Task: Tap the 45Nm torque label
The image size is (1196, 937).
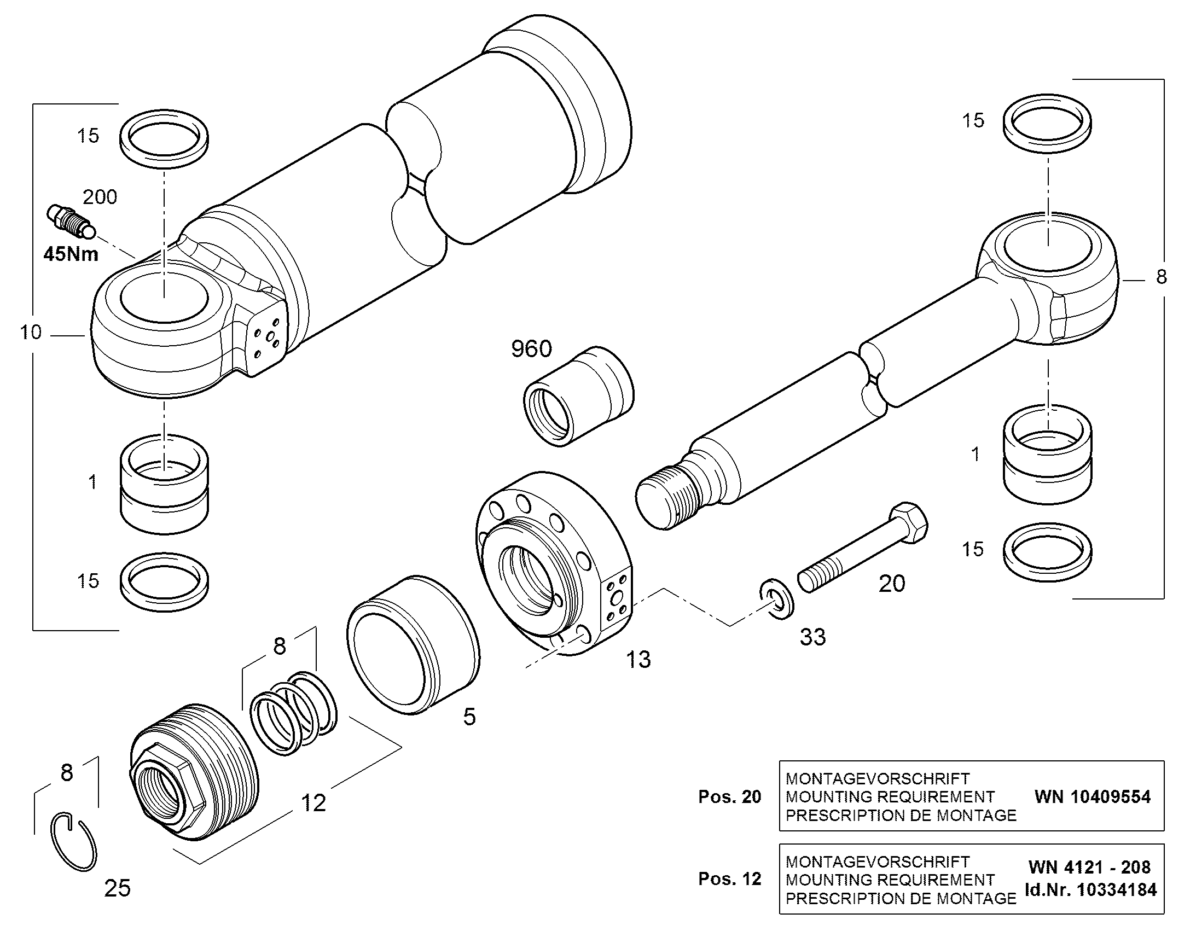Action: coord(71,253)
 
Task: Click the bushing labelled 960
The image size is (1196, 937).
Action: coord(579,396)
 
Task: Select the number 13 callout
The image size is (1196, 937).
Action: coord(638,660)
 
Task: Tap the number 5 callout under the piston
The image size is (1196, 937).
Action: coord(469,717)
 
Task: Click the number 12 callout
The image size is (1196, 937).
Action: coord(314,803)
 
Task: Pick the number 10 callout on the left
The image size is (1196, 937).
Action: coord(31,332)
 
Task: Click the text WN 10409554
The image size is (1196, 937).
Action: coord(1092,796)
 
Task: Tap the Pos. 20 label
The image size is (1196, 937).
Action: coord(730,796)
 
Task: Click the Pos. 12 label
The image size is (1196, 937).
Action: coord(730,879)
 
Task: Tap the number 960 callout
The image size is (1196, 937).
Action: coord(531,349)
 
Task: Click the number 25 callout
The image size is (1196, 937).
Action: coord(118,888)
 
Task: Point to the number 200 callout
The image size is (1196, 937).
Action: coord(100,197)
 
